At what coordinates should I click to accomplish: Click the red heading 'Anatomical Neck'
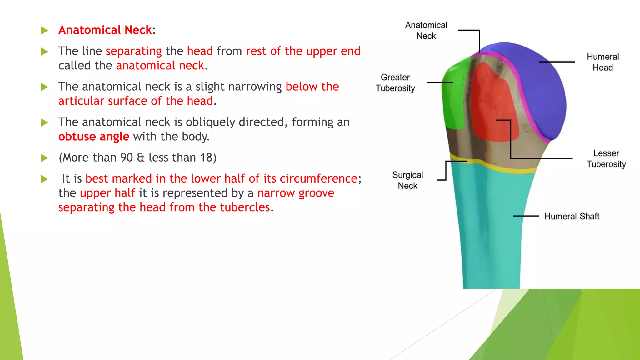point(105,30)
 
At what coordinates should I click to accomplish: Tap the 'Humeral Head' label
point(602,62)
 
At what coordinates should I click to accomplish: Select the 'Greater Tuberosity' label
point(395,83)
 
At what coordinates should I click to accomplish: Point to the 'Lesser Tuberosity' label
point(606,159)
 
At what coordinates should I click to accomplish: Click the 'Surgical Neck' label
point(407,180)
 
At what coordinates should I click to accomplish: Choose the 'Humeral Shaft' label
point(572,216)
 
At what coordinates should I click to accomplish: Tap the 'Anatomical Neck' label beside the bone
point(426,31)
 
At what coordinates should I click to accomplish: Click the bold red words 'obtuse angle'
point(94,137)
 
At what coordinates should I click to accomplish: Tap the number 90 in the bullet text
point(127,157)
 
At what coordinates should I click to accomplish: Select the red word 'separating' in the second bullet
point(134,51)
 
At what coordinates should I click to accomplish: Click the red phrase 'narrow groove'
point(296,193)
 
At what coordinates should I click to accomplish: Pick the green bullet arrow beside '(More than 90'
point(44,158)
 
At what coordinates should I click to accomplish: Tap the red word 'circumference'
point(318,178)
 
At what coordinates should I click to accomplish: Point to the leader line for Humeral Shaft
point(526,216)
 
